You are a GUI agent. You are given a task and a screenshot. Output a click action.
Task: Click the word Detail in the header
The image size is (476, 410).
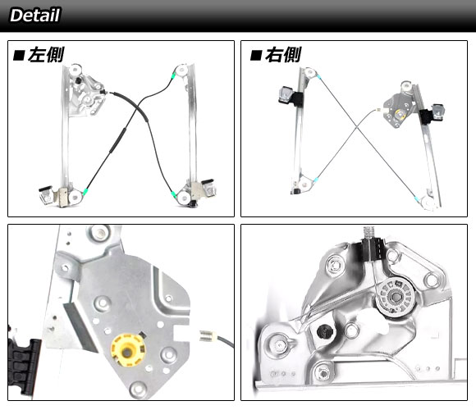[x=35, y=15]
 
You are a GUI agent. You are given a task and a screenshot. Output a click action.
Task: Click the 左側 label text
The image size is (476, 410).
[x=46, y=55]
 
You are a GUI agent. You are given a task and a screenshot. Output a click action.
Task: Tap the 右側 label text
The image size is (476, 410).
[x=283, y=55]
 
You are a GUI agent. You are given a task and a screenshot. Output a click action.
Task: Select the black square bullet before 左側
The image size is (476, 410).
[x=19, y=56]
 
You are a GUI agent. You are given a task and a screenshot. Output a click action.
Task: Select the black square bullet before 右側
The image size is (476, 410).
[x=256, y=56]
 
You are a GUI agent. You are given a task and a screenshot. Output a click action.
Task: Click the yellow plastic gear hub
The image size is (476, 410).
[x=128, y=350]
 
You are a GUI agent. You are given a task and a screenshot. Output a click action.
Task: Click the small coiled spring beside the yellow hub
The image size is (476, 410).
[x=208, y=335]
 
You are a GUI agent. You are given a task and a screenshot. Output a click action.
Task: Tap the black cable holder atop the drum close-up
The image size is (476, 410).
[x=371, y=249]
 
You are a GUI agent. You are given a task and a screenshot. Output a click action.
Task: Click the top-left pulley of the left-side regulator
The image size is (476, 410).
[x=75, y=70]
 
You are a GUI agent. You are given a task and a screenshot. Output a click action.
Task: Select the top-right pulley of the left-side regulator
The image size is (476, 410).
[x=181, y=71]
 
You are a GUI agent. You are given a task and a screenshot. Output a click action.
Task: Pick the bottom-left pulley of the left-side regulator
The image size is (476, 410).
[x=75, y=197]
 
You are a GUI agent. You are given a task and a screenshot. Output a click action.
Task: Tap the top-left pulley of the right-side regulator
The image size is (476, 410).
[x=310, y=73]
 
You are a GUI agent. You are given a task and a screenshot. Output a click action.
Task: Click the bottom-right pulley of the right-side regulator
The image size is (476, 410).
[x=428, y=203]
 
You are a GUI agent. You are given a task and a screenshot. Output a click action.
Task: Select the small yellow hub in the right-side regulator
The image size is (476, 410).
[x=400, y=114]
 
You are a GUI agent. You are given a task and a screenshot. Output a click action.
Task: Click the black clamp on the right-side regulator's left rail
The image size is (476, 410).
[x=291, y=97]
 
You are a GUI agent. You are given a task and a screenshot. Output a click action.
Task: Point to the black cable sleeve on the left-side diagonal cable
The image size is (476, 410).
[x=117, y=140]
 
